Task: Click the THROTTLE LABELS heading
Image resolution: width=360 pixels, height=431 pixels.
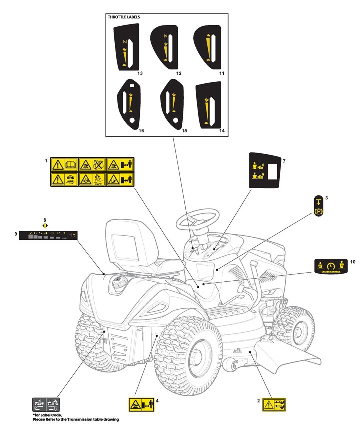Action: point(124,17)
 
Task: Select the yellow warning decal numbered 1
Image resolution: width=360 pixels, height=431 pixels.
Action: point(92,172)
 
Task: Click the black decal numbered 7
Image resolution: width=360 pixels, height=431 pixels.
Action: point(264,170)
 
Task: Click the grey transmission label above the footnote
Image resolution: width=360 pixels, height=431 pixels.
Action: point(46,404)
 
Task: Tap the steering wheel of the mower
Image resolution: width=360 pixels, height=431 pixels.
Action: point(199,220)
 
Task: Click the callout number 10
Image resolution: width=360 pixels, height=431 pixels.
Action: point(352,261)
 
